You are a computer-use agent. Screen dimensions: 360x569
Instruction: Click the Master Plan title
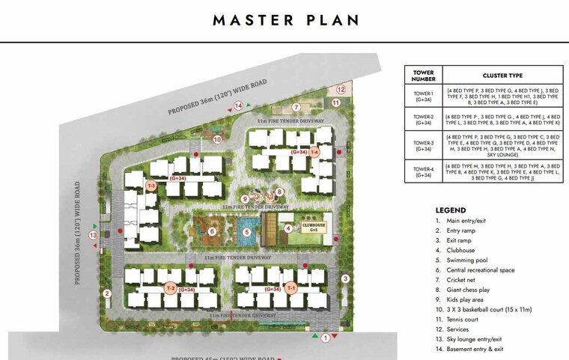coord(284,20)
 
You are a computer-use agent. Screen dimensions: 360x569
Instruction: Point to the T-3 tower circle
coord(151,186)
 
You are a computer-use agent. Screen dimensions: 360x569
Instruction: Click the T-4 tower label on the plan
coord(315,152)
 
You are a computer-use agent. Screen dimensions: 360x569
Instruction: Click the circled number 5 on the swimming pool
coord(246,232)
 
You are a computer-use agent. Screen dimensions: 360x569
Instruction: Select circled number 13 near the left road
coord(94,235)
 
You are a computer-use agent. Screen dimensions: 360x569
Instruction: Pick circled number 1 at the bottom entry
coord(324,338)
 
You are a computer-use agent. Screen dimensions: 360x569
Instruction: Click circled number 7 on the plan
coord(296,107)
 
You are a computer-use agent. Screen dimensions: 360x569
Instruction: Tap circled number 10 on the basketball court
coord(218,138)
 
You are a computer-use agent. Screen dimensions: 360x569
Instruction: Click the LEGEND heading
coord(450,210)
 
